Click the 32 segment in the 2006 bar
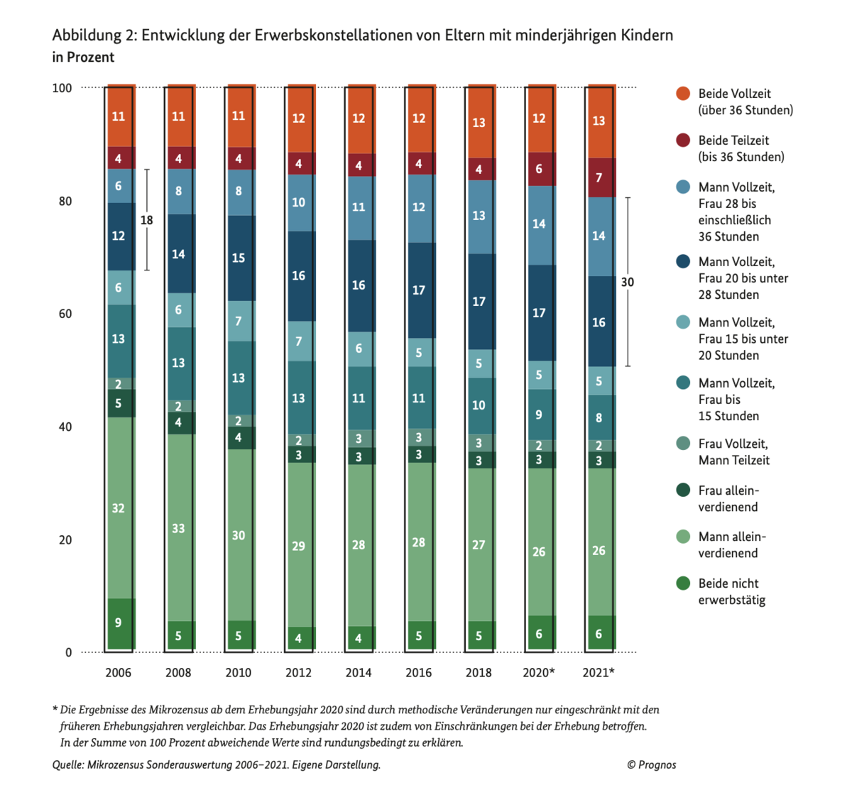point(119,508)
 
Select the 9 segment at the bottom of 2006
point(119,623)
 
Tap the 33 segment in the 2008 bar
point(178,528)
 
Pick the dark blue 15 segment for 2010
point(239,258)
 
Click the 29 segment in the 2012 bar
point(298,546)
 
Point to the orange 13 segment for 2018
point(479,123)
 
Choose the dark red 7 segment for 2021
point(599,177)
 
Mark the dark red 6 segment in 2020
point(539,169)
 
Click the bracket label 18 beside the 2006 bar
point(146,220)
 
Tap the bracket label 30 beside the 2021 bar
point(628,282)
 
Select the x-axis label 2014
point(359,672)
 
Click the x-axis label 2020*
point(539,672)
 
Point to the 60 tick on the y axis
point(65,314)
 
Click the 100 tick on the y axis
point(62,88)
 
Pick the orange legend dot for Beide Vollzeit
point(683,94)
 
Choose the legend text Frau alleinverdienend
point(728,498)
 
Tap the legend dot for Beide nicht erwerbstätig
point(683,583)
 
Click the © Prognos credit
point(651,764)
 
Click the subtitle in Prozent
point(83,57)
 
